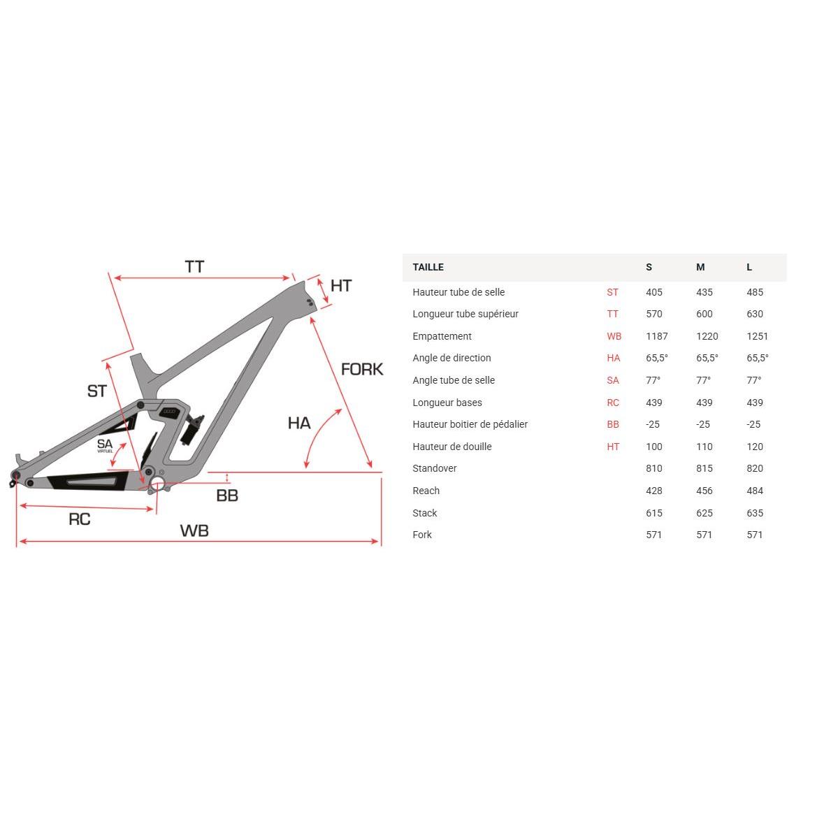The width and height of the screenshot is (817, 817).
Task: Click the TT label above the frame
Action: [x=194, y=267]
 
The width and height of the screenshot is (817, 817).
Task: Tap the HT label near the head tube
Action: [x=341, y=286]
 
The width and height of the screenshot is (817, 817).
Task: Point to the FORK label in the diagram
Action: [x=362, y=369]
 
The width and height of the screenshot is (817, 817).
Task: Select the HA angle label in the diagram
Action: [x=299, y=423]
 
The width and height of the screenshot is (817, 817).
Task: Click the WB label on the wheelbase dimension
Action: [x=194, y=530]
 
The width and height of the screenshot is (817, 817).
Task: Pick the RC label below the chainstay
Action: [x=80, y=519]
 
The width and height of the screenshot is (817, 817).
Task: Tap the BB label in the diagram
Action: [x=227, y=496]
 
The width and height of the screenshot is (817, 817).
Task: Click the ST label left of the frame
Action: [x=97, y=391]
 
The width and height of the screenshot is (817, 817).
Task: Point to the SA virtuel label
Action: [x=105, y=445]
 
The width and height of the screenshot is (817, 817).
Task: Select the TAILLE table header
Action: [x=428, y=267]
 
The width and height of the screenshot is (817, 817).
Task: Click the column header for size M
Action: [x=700, y=267]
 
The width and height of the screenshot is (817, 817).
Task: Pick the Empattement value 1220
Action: [x=707, y=336]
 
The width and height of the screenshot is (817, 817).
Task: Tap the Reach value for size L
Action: [x=755, y=491]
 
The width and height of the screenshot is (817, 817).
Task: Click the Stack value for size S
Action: [x=654, y=513]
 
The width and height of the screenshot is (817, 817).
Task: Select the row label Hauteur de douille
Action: [x=452, y=447]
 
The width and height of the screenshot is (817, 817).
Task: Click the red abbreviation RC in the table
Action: [x=613, y=403]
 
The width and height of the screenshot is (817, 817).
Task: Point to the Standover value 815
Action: [x=704, y=468]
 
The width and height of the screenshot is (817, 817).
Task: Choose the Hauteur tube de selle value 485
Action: [x=755, y=292]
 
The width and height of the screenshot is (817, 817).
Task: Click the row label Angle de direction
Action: [x=451, y=358]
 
